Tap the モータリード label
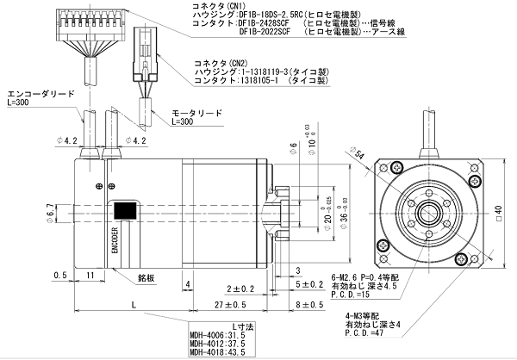tap(197, 113)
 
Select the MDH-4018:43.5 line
tap(212, 353)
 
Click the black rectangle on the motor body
tap(124, 210)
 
